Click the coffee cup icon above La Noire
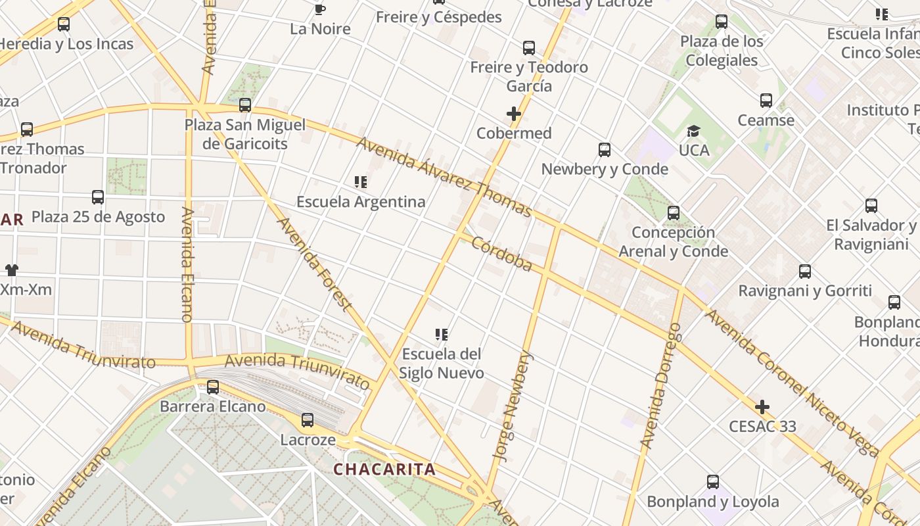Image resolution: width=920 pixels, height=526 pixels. tap(319, 9)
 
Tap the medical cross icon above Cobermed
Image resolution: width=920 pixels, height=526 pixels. tap(514, 114)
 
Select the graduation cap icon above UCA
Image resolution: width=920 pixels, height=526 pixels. tap(694, 131)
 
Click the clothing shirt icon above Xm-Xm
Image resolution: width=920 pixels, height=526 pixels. tap(12, 270)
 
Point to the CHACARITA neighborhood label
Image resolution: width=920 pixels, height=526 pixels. tap(384, 469)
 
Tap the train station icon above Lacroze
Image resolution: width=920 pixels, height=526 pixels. tap(308, 420)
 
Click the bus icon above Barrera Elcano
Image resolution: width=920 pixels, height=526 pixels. tap(213, 387)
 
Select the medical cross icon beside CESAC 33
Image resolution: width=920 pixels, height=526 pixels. tap(762, 407)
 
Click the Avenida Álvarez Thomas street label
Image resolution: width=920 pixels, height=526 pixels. tap(444, 176)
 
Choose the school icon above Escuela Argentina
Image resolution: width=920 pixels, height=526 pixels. tap(361, 182)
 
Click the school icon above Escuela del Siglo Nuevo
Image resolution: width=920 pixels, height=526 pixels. tap(442, 335)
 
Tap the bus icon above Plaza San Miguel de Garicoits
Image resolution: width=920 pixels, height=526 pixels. tap(245, 105)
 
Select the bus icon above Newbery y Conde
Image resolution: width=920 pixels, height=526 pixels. tap(605, 150)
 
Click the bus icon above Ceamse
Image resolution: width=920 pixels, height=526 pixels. tap(766, 101)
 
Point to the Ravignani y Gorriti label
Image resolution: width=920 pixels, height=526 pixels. tap(805, 291)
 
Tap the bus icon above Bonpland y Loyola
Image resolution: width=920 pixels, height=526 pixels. tap(713, 482)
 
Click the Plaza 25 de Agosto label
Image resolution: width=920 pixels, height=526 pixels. tap(98, 217)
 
